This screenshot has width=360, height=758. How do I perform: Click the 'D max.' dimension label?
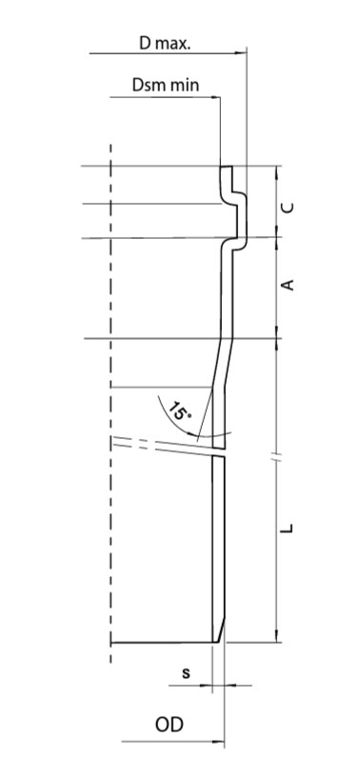click(166, 44)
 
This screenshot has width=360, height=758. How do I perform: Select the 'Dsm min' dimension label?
click(166, 85)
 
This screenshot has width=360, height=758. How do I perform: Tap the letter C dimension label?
click(288, 208)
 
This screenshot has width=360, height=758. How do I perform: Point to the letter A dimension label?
click(288, 286)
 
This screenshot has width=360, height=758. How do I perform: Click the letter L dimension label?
click(288, 529)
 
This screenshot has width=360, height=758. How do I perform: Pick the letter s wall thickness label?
click(186, 672)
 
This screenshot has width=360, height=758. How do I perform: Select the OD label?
click(170, 725)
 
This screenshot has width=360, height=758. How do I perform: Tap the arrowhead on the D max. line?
click(241, 52)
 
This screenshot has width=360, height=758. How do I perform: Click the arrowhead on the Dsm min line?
click(215, 97)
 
